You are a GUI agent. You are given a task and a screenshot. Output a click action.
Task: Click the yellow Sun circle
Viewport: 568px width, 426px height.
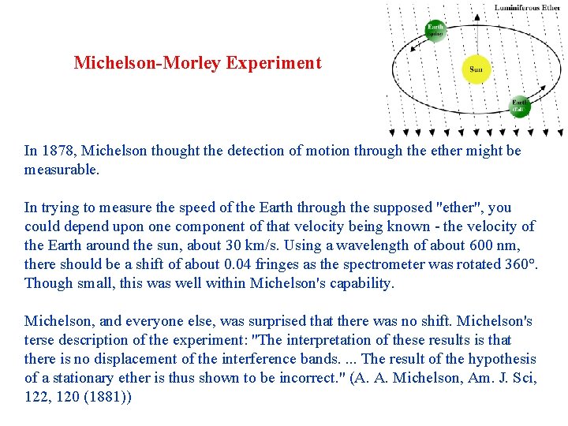pyautogui.click(x=476, y=69)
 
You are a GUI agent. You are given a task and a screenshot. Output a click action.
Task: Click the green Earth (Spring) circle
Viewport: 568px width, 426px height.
pyautogui.click(x=435, y=30)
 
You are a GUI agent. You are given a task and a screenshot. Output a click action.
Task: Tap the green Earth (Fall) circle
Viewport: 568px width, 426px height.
pyautogui.click(x=519, y=106)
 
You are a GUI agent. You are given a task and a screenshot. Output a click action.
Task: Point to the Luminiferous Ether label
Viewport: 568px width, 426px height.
pyautogui.click(x=528, y=8)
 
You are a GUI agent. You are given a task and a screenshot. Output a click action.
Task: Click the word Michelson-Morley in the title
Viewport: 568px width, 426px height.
pyautogui.click(x=148, y=63)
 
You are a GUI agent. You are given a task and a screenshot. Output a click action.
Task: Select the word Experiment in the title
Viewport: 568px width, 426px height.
pyautogui.click(x=274, y=63)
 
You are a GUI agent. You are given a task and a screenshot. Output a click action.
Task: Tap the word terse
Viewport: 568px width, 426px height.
pyautogui.click(x=39, y=340)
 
